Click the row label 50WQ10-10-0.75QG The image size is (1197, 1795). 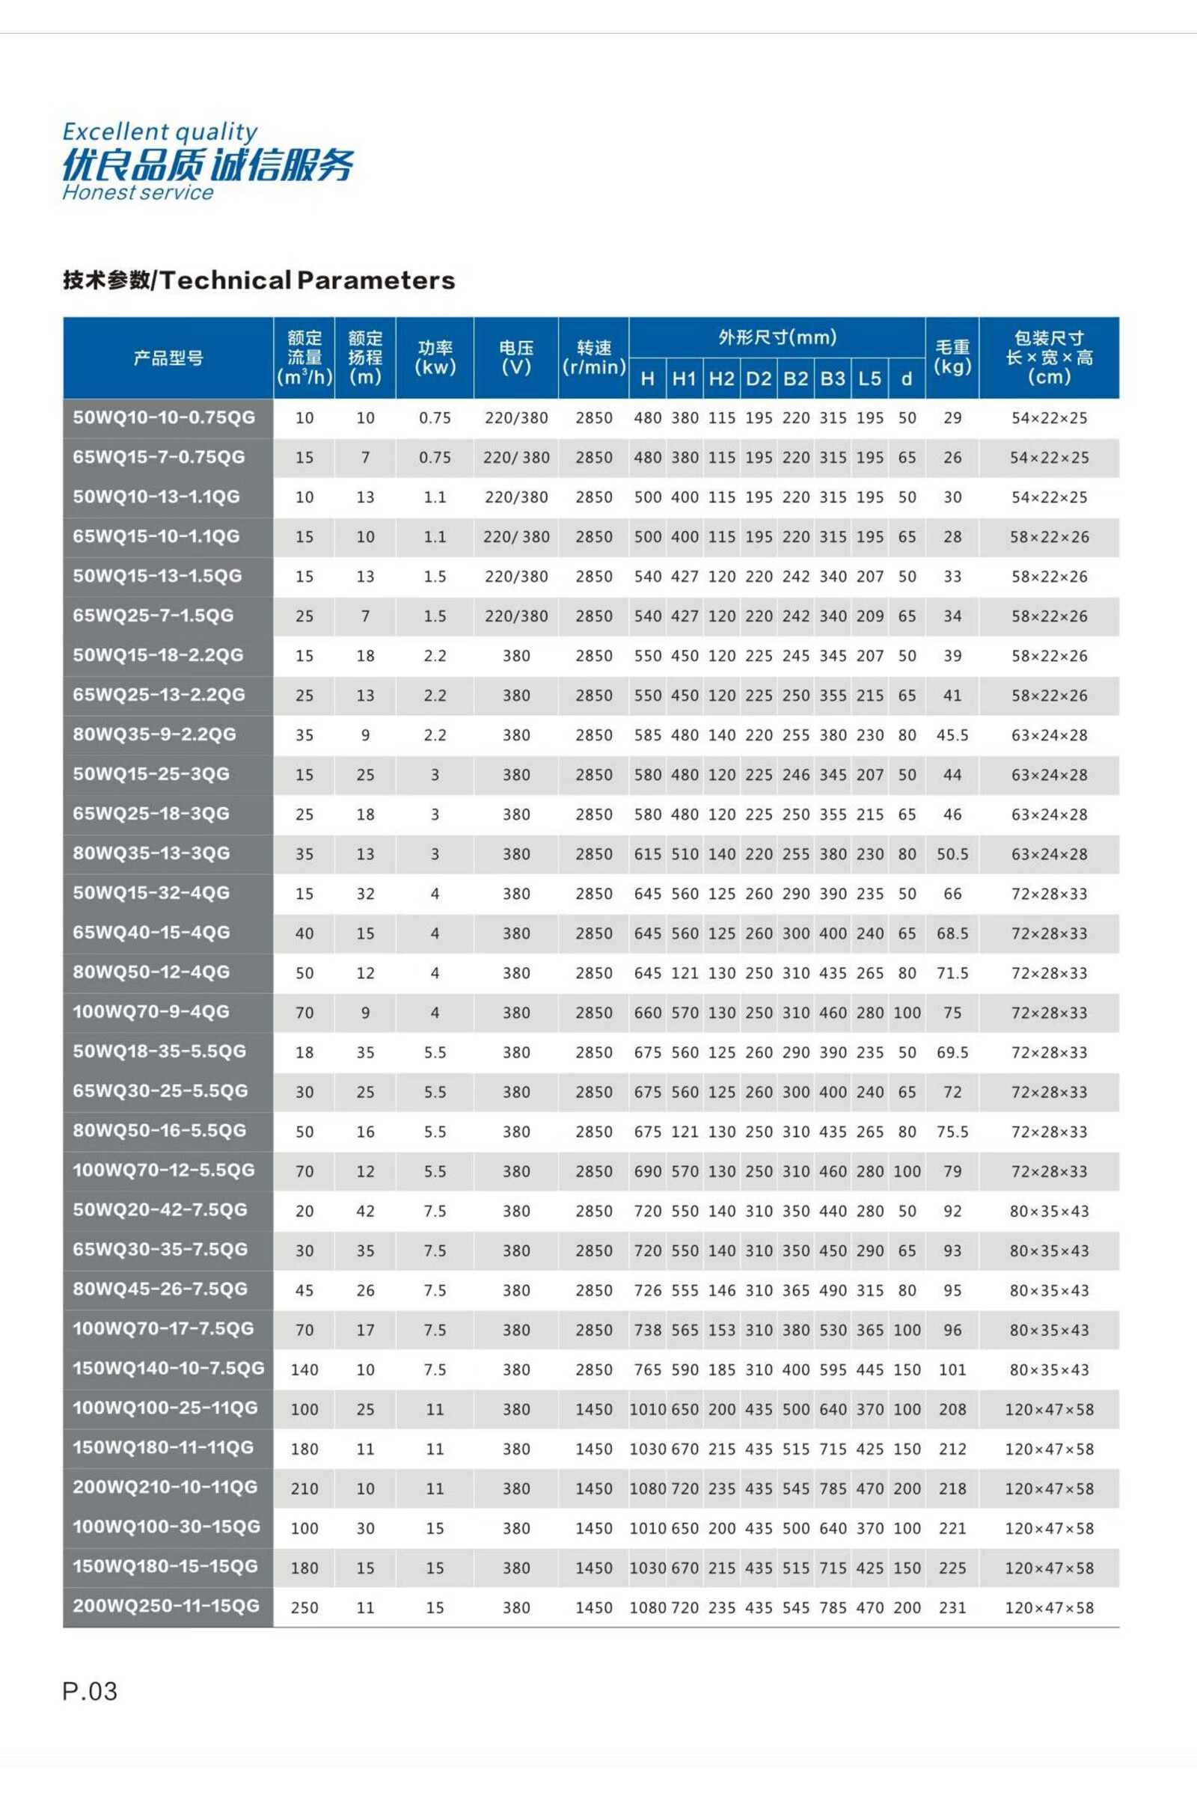[x=163, y=417]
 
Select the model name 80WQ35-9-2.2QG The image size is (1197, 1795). [x=154, y=735]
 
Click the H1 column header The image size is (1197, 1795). [x=684, y=378]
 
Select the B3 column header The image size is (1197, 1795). [x=833, y=378]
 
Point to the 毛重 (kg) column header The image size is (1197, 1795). [x=952, y=358]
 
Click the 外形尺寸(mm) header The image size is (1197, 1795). [x=777, y=337]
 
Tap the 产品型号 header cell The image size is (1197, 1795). [x=168, y=358]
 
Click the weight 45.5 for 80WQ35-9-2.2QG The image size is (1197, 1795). [x=952, y=735]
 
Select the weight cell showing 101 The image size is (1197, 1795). [x=952, y=1369]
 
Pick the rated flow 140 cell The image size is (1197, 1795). [x=304, y=1369]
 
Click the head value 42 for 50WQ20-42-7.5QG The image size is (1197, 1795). [x=365, y=1210]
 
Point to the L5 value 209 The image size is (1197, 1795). [x=869, y=616]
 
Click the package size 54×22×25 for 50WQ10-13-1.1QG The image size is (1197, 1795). [x=1049, y=497]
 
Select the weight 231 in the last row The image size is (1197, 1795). [x=952, y=1607]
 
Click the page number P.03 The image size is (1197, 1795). [x=90, y=1690]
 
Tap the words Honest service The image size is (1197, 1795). [x=138, y=192]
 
